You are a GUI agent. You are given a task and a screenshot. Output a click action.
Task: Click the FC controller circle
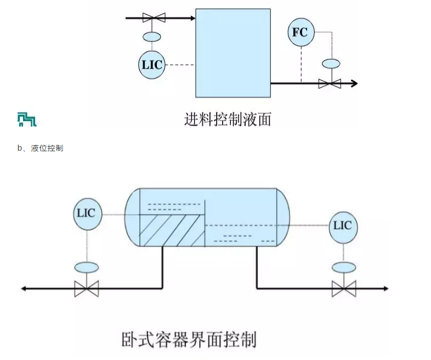click(300, 32)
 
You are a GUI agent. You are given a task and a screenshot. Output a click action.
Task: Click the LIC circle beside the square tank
click(151, 65)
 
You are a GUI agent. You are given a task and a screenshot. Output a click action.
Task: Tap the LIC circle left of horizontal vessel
click(86, 213)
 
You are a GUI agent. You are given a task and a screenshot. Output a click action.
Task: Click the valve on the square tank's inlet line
click(154, 18)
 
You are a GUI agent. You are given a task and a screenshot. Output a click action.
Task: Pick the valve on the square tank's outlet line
click(330, 84)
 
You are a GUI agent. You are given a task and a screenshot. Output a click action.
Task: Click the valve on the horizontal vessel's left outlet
click(86, 288)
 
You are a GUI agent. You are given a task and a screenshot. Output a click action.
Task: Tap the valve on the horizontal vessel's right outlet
click(344, 288)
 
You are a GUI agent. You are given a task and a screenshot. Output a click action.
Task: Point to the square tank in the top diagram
click(233, 52)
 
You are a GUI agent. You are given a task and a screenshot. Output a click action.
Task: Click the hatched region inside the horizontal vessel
click(170, 230)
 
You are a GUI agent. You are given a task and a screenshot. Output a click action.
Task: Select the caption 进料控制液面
click(228, 119)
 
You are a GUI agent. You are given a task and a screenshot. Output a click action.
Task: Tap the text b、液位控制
click(40, 148)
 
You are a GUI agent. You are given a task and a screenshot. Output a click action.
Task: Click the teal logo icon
click(27, 119)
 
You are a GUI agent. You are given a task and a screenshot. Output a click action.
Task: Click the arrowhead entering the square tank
click(192, 18)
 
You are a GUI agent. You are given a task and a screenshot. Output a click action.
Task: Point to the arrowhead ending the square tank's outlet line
click(354, 83)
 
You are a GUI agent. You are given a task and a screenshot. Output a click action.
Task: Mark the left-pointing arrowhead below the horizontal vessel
click(25, 288)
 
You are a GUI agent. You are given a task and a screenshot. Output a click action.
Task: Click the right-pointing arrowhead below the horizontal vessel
click(385, 288)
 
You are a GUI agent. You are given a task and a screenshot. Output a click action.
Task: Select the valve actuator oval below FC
click(330, 64)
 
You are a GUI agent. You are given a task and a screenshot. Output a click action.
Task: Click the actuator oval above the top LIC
click(151, 37)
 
